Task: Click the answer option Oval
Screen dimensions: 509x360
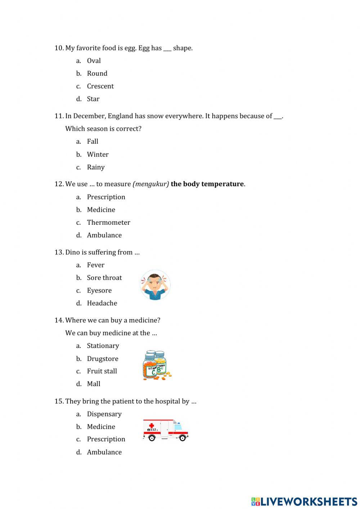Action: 94,61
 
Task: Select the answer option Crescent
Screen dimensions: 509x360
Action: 100,86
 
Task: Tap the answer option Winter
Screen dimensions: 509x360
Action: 98,155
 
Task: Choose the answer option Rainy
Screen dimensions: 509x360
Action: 96,167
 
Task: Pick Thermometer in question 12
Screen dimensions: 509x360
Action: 108,223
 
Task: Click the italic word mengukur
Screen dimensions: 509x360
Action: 151,184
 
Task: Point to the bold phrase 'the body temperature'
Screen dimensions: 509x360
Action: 207,184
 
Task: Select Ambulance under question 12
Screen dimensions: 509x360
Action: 104,235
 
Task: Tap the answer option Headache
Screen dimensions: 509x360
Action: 102,303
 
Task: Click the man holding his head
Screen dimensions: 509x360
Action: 155,285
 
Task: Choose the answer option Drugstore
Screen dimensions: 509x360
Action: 103,359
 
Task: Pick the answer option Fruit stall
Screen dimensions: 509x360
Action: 102,371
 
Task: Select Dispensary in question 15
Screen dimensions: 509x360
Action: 104,414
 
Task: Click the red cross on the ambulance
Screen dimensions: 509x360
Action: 152,425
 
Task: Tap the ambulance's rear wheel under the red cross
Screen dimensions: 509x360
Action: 152,438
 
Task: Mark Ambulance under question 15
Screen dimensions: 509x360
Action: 104,452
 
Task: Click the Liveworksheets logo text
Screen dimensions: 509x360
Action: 309,501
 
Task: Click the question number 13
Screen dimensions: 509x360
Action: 59,253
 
